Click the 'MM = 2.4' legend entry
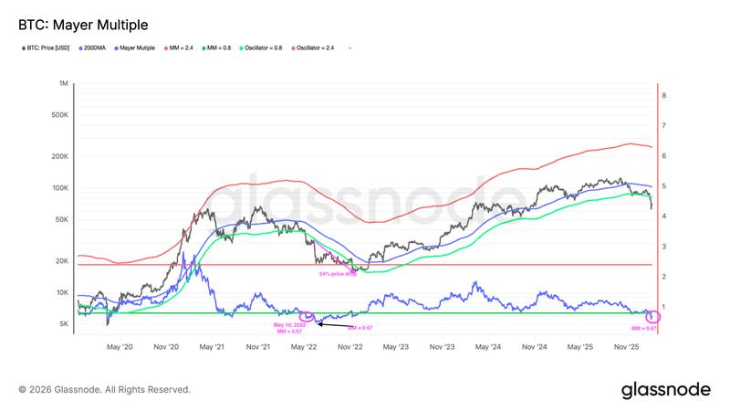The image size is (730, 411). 182,47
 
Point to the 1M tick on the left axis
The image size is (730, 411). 65,83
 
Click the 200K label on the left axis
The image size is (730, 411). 60,156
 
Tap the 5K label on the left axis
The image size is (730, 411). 64,324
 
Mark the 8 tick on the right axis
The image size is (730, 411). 664,95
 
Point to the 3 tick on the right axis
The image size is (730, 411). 664,247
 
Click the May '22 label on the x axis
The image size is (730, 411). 306,347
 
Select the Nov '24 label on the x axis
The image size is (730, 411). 536,347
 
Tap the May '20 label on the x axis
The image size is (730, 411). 120,347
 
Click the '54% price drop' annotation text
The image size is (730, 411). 337,273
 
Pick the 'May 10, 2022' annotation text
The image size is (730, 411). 288,324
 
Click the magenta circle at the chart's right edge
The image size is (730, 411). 652,316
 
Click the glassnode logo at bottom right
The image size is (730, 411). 665,389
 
